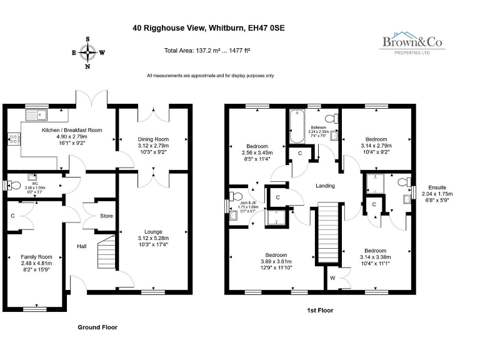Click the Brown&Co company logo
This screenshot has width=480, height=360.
412,44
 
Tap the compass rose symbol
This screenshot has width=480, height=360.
87,52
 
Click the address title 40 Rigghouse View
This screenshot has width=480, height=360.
208,28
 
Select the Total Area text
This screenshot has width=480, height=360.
207,51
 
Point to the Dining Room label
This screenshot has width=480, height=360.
152,139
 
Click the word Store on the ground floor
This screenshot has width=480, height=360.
107,217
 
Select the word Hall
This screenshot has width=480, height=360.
82,246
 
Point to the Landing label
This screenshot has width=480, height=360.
325,186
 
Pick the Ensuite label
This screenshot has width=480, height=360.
437,187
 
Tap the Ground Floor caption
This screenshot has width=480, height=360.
97,327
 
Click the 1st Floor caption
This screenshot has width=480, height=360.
319,310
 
